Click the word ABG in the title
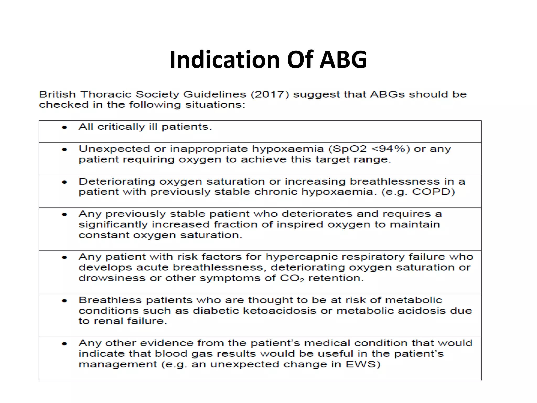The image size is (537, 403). tap(343, 60)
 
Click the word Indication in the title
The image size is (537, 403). tap(224, 60)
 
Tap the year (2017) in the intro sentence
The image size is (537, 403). tap(270, 94)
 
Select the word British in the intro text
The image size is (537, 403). tap(57, 94)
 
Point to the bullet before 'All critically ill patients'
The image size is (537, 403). tap(65, 128)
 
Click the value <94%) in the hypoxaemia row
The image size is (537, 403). tap(391, 149)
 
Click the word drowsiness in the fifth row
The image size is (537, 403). tap(112, 278)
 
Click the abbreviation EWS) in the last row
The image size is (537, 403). tap(363, 364)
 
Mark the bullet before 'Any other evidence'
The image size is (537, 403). tap(65, 344)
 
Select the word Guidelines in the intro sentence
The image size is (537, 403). tap(215, 94)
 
